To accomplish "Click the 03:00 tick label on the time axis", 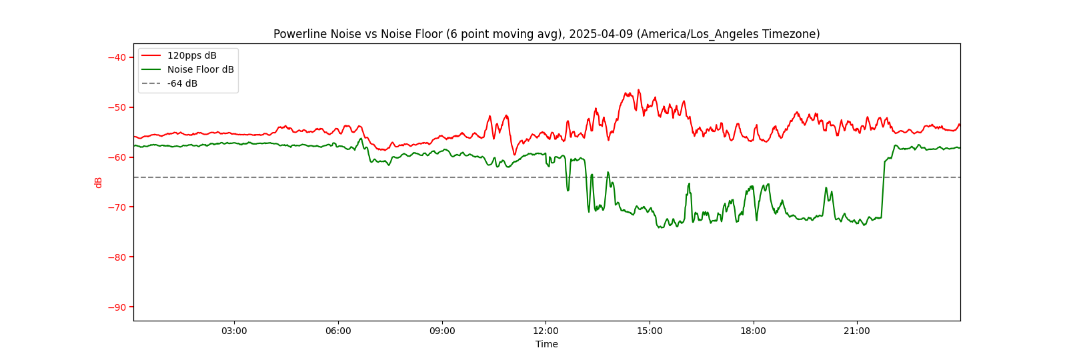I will point(234,331).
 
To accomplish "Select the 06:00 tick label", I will point(338,331).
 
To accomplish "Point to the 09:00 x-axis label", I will point(442,331).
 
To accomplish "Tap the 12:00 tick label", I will point(546,331).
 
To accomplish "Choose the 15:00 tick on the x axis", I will point(650,331).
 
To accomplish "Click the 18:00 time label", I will point(754,331).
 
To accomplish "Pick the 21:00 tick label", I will point(857,331).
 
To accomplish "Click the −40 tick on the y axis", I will point(117,57).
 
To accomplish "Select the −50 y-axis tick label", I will point(117,107).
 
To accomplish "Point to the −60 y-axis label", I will point(117,157).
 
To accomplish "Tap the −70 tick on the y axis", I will point(117,207).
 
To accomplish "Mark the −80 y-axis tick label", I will point(117,257).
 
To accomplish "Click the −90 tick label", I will point(117,307).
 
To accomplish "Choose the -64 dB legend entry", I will point(182,83).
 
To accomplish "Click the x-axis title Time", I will point(547,344).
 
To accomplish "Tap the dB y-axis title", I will point(99,182).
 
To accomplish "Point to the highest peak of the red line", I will point(638,89).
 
